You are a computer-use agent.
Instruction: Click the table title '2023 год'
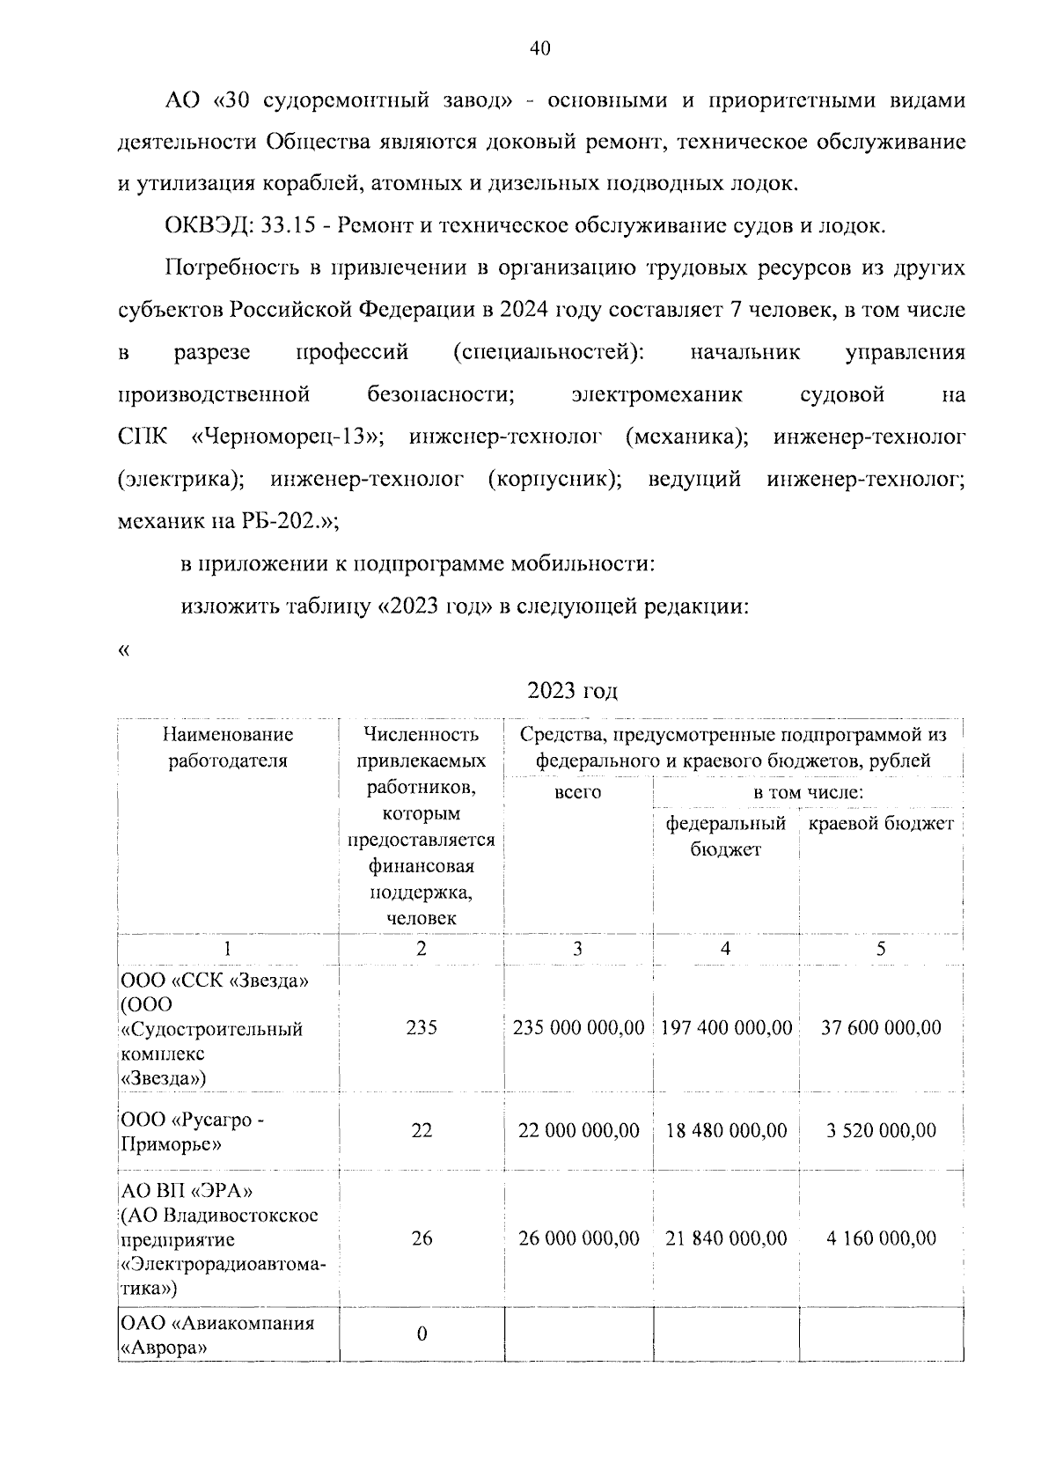[572, 691]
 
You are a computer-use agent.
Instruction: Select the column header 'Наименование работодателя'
[228, 747]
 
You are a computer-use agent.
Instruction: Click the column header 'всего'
[577, 792]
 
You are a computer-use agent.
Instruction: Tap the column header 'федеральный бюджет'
[725, 836]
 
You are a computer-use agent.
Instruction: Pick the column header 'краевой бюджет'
[880, 825]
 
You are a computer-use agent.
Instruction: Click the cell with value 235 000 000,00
[578, 1027]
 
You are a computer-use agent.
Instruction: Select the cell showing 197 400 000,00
[726, 1027]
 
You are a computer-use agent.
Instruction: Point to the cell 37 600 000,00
[881, 1027]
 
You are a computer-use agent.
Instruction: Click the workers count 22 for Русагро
[422, 1130]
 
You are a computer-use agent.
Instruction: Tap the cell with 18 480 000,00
[726, 1130]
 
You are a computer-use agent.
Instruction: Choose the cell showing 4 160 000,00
[881, 1238]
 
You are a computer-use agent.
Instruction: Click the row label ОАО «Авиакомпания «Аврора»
[217, 1335]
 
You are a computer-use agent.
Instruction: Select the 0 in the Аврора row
[422, 1334]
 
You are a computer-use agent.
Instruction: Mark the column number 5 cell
[881, 949]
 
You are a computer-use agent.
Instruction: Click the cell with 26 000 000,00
[578, 1238]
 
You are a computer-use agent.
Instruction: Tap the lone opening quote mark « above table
[123, 650]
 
